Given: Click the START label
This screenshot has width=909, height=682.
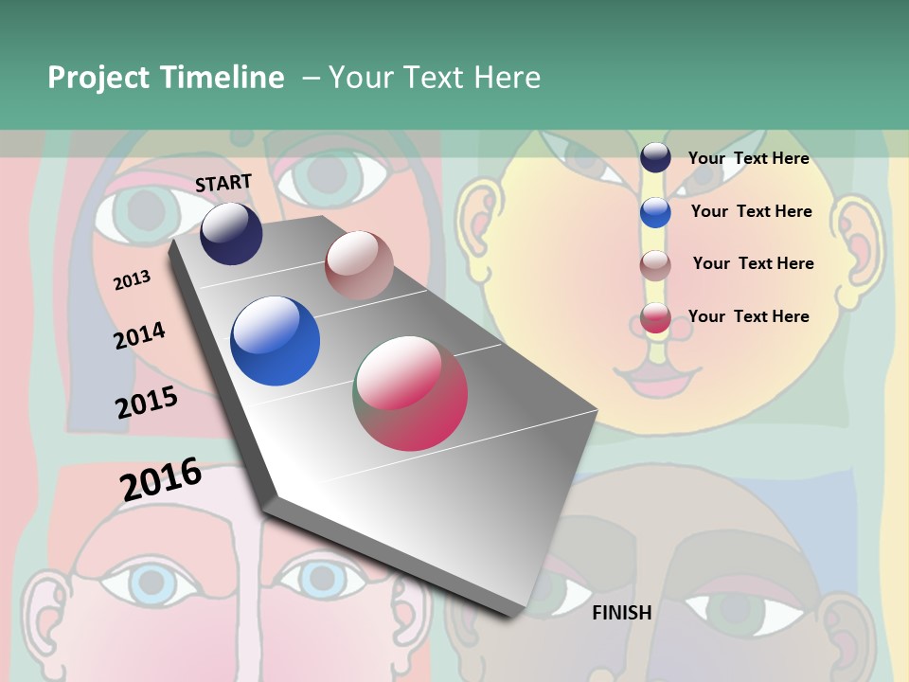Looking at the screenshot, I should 223,182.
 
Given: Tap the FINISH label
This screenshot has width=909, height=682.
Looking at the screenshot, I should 622,613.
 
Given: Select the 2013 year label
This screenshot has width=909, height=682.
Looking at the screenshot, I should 132,279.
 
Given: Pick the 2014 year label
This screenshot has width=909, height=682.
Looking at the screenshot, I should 139,335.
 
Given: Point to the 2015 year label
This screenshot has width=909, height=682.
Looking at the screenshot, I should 147,403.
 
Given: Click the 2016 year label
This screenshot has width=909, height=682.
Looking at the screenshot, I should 161,479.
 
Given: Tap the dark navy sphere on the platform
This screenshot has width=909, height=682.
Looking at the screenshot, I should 231,234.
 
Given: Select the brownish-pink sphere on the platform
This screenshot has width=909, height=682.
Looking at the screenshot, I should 359,265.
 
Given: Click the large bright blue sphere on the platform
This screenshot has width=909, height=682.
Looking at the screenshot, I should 275,341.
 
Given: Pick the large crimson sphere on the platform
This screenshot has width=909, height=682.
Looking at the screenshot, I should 410,393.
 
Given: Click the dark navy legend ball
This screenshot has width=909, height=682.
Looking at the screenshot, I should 655,157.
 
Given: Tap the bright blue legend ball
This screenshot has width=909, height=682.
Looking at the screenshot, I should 655,212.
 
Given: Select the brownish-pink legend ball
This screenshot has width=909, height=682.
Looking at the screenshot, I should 655,265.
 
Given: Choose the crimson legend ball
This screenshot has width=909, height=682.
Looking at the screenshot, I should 655,317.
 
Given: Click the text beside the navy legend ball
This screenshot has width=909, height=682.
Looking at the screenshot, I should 748,158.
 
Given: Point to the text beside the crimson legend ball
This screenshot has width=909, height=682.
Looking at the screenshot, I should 748,316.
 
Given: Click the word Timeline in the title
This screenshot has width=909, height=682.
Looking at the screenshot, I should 222,78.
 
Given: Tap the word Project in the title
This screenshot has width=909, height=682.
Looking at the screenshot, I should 98,78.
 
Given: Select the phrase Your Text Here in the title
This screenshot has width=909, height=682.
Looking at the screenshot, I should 435,78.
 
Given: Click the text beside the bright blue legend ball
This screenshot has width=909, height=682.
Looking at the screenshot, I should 751,211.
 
